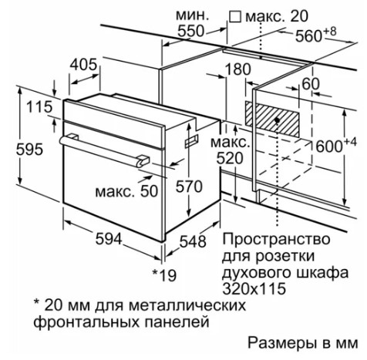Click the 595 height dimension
click(x=29, y=149)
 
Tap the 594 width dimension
click(x=109, y=239)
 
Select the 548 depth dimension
click(x=193, y=241)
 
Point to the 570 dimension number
click(x=189, y=187)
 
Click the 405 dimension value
click(x=84, y=64)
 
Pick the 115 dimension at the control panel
click(x=39, y=107)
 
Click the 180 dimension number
click(x=237, y=69)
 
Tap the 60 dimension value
click(x=311, y=84)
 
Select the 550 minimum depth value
click(x=190, y=31)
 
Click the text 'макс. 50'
click(x=126, y=191)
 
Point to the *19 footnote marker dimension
click(x=164, y=275)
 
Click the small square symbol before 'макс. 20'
click(x=235, y=17)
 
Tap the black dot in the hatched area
click(x=277, y=120)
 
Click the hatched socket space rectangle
click(x=272, y=119)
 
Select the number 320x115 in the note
click(x=254, y=288)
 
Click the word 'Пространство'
click(x=276, y=240)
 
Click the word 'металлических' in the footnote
click(x=187, y=305)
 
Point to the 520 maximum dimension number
click(x=230, y=158)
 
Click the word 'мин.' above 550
click(x=192, y=15)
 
